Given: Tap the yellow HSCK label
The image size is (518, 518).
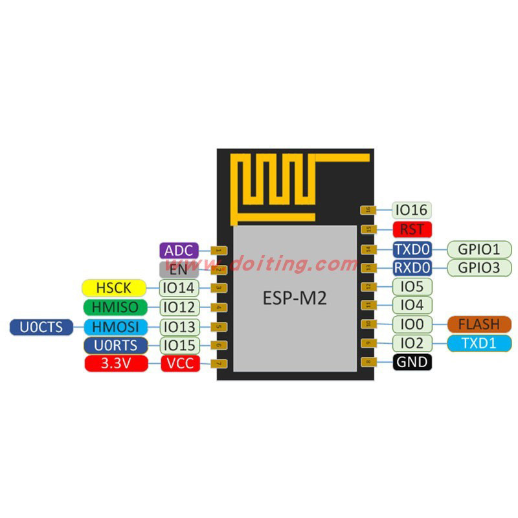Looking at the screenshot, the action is pos(113,287).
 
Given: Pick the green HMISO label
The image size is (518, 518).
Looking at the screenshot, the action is pos(114,307).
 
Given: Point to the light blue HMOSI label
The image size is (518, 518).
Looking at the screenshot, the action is pos(114,326).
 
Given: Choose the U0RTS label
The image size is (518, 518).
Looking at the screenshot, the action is pos(114,345).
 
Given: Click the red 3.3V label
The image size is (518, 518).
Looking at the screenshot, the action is pos(114,364).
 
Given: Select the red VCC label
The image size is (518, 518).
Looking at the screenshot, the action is pos(179,364).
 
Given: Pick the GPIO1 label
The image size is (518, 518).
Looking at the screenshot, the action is pos(479,249).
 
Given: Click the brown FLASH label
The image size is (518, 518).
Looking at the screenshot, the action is pos(479,324).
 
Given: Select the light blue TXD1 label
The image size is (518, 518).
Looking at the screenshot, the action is pos(479,343).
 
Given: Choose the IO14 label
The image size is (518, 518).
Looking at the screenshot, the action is pos(179,287).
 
